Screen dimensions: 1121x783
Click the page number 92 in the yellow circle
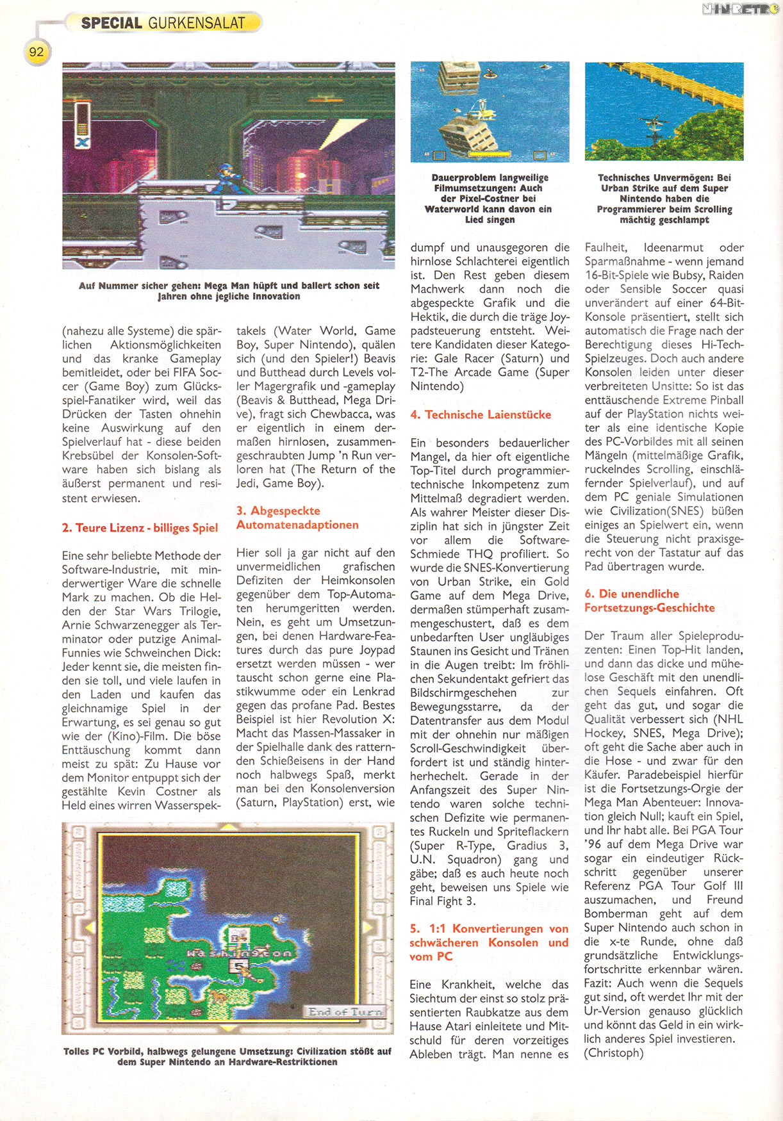coord(37,52)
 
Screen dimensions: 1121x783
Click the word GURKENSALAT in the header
coord(196,23)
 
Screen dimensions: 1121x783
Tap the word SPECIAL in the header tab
coord(111,23)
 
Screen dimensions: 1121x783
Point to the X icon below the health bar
coord(82,142)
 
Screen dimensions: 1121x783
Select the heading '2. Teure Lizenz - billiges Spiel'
coord(140,528)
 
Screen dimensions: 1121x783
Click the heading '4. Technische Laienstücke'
coord(481,414)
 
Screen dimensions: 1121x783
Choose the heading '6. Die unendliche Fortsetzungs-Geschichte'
coord(649,601)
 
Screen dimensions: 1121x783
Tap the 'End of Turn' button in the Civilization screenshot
coord(345,1012)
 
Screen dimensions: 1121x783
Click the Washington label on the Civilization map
coord(239,953)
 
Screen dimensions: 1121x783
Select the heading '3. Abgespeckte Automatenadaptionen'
coord(297,518)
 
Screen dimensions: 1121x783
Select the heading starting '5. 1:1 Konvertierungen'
coord(489,942)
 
